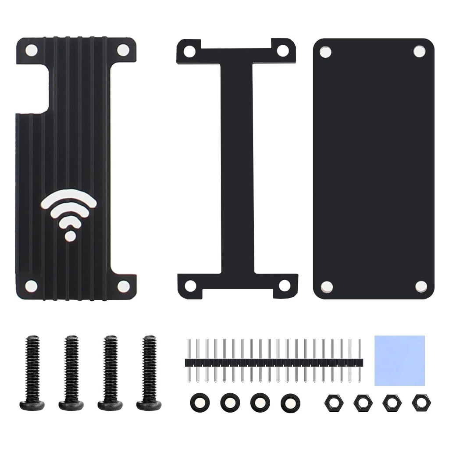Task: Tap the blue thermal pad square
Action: (x=400, y=360)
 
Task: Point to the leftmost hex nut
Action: (x=332, y=402)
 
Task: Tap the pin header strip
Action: (x=274, y=362)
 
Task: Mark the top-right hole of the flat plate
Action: (x=419, y=51)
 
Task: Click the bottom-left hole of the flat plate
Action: (x=327, y=286)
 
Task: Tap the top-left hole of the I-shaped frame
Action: (x=189, y=51)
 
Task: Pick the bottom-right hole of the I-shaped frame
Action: (x=285, y=285)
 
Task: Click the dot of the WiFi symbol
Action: (x=70, y=236)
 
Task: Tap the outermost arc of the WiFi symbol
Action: (x=69, y=196)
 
